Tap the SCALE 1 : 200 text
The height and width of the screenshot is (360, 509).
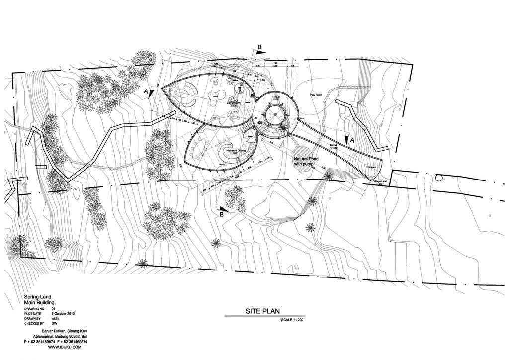[292, 320]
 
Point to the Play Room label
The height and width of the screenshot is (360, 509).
[317, 94]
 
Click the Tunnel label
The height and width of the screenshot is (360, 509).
[333, 145]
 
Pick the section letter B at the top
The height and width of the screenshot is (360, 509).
[259, 47]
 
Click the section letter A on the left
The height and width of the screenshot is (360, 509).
[146, 92]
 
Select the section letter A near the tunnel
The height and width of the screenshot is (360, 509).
[352, 140]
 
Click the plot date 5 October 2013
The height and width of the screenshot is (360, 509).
[63, 314]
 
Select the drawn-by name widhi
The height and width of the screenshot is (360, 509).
[56, 319]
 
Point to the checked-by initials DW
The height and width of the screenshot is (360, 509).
[54, 323]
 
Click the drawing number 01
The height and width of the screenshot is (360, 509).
[53, 309]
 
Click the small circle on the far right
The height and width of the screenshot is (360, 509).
[438, 178]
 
